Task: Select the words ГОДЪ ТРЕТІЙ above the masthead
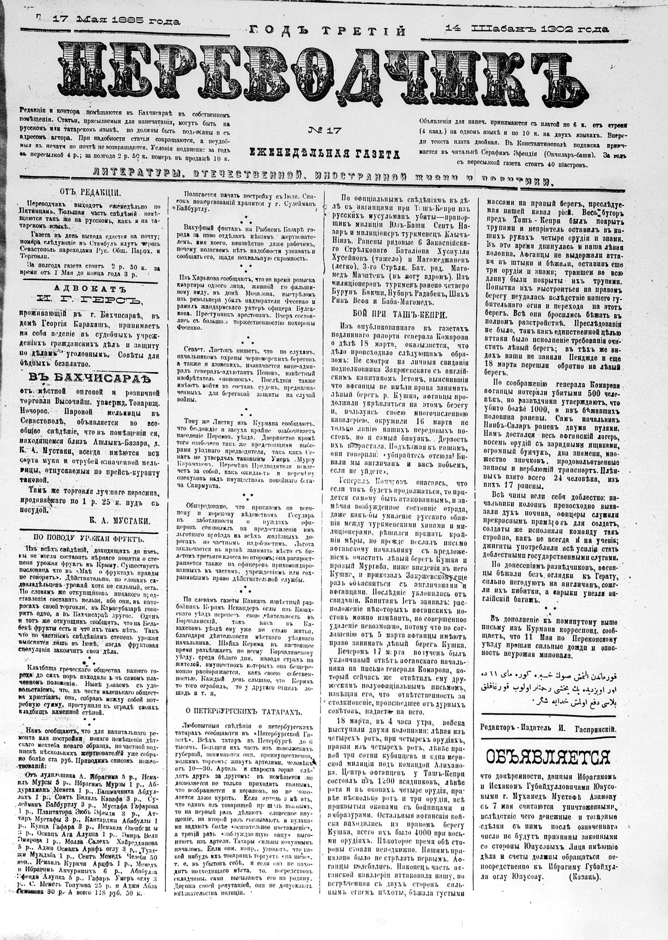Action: coord(328,31)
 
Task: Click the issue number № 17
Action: coord(324,131)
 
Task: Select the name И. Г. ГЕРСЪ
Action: coord(91,301)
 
